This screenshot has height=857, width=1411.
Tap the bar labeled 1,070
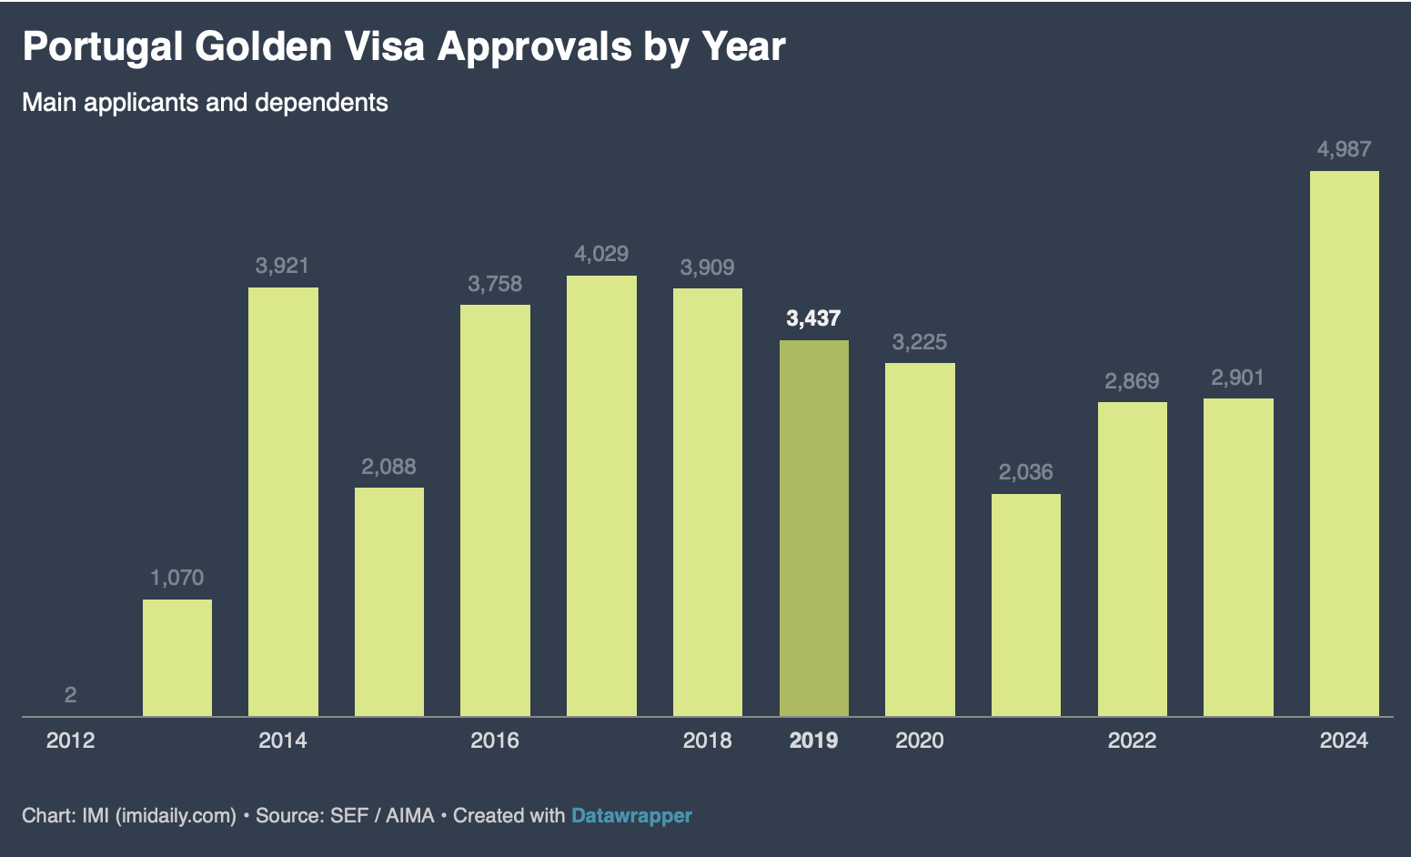coord(177,658)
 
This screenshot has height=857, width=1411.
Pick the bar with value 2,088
coord(388,601)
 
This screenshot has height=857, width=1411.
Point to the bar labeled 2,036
coord(1025,605)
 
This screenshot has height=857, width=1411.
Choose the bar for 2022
coord(1132,559)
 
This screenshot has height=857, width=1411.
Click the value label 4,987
coord(1344,149)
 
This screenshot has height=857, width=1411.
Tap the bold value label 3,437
coord(813,318)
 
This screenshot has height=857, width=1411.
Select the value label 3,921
coord(282,266)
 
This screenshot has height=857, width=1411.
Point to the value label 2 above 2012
coord(70,695)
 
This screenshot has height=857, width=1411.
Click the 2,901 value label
coord(1237,378)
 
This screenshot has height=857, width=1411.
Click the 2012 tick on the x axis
coord(70,741)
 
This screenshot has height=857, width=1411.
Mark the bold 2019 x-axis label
coord(813,741)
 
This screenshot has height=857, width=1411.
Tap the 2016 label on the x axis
coord(494,741)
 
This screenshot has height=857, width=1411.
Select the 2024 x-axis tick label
coord(1344,741)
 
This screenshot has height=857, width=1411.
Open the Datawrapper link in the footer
coord(631,815)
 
